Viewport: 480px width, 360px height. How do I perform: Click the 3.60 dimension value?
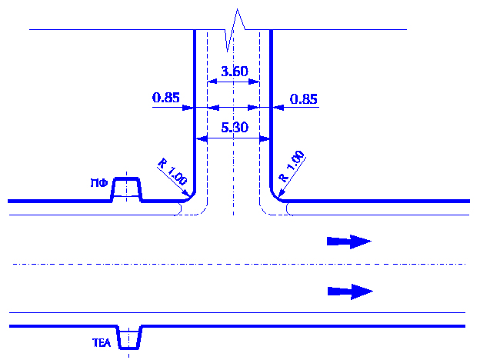tap(234, 72)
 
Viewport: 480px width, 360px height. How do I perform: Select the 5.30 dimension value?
tap(234, 128)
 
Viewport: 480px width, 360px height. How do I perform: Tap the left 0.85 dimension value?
tap(165, 98)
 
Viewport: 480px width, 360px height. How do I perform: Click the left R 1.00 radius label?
tap(172, 171)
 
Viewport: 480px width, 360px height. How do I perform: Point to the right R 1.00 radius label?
tap(292, 166)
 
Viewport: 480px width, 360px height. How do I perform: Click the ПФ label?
tap(98, 183)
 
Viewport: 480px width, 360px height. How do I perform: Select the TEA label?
tap(102, 345)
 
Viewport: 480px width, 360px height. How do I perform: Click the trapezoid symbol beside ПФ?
tap(127, 188)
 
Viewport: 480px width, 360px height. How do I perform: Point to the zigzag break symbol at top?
tap(234, 28)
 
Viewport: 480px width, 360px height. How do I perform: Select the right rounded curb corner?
tap(278, 195)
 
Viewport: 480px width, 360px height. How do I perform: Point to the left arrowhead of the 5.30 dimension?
tap(199, 139)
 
